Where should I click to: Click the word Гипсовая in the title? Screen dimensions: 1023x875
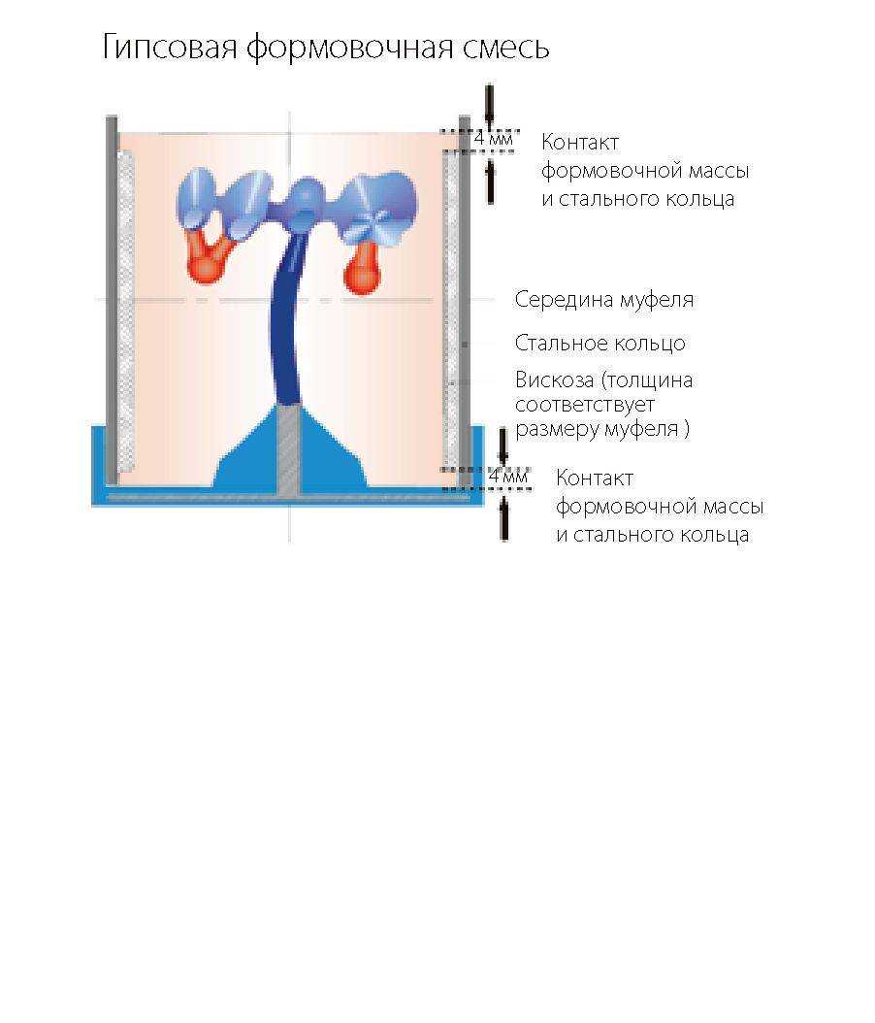point(170,48)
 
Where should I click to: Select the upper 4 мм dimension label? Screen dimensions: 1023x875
point(492,140)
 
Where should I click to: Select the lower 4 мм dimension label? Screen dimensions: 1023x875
point(507,478)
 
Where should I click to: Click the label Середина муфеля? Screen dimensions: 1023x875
point(604,300)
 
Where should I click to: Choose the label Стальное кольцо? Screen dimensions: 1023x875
point(600,344)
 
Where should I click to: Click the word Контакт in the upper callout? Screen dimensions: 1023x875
point(579,143)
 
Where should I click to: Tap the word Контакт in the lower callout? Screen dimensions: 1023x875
point(594,478)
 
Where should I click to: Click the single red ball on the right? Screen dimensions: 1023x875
point(363,270)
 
